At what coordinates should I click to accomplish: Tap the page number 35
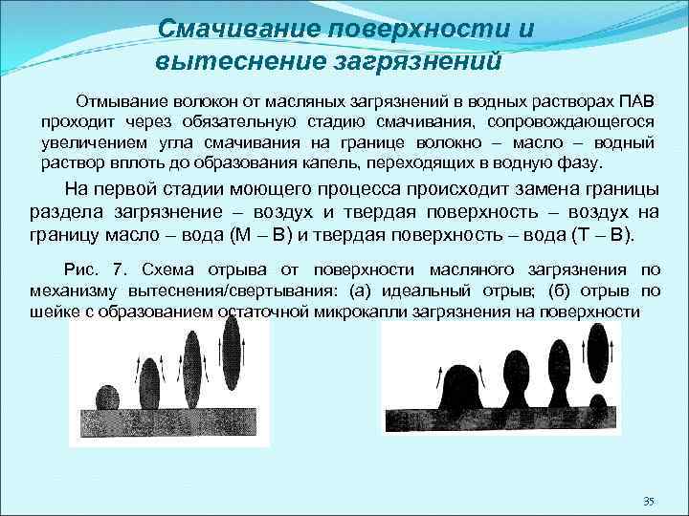[650, 501]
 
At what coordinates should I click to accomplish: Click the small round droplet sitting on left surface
[108, 398]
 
